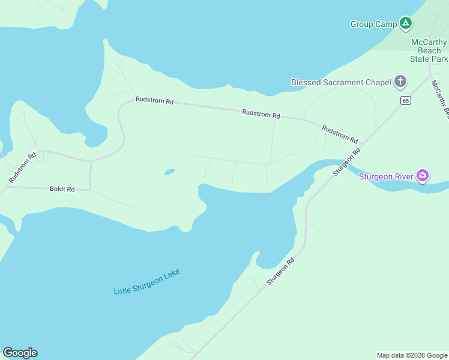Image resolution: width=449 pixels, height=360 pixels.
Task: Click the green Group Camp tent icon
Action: [406, 23]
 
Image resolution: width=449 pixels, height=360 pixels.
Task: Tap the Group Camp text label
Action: [373, 24]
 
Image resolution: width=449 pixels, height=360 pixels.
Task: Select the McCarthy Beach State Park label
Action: [429, 50]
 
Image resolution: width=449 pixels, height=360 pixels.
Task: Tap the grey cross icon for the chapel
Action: [400, 82]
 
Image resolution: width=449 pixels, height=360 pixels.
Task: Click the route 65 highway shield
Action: [406, 100]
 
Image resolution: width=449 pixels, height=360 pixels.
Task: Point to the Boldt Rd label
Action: [62, 189]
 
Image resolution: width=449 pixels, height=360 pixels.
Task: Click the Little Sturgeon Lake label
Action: [146, 281]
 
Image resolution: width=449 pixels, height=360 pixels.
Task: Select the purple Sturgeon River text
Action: [385, 176]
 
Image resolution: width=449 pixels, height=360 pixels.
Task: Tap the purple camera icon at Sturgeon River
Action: [423, 175]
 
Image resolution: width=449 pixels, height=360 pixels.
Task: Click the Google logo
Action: [20, 353]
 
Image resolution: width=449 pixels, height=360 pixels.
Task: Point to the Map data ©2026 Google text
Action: [411, 355]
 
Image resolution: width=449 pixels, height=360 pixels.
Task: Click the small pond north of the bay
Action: [169, 172]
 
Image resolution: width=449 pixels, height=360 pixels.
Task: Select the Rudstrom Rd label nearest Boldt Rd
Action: [23, 167]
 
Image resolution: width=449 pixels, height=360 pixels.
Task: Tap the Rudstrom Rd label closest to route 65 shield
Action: [339, 133]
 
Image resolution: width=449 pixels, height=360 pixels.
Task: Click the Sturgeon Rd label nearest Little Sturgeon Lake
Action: [282, 271]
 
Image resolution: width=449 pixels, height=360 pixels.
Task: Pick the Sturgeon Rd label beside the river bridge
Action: [346, 161]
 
